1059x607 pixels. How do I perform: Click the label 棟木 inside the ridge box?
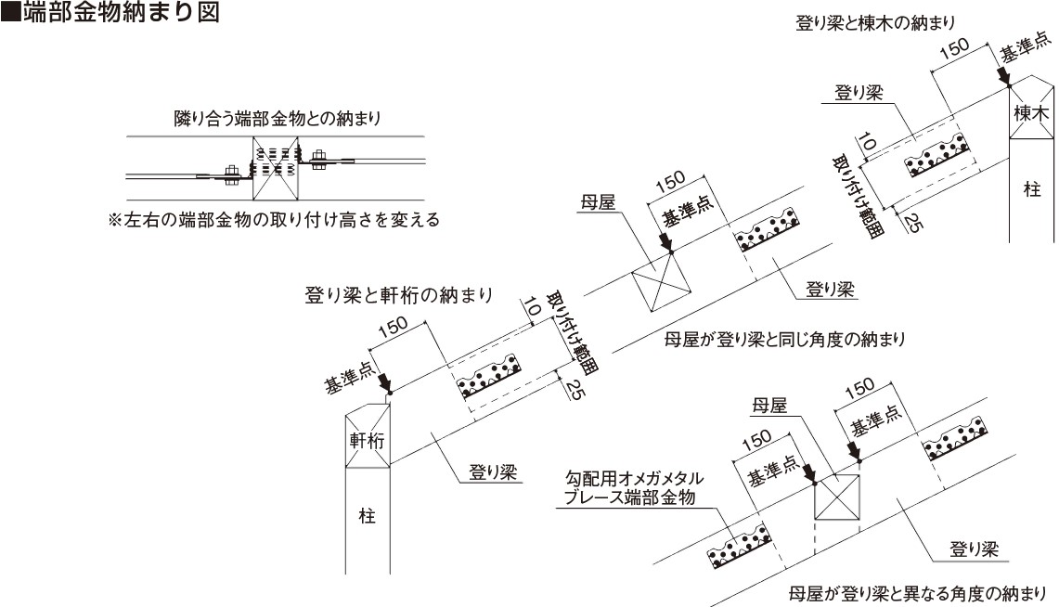coord(1031,113)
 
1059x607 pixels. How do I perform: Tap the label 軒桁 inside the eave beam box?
coord(367,441)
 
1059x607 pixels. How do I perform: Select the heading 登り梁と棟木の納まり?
coord(875,23)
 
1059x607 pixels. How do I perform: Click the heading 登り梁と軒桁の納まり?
coord(399,295)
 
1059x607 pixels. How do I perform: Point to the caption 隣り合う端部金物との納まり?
coord(278,119)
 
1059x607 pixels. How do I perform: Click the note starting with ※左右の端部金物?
coord(274,220)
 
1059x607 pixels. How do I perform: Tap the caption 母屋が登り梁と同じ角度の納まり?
coord(784,339)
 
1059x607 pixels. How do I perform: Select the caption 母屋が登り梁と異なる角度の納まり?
coord(917,593)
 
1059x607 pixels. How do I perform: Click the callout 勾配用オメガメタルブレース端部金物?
coord(633,488)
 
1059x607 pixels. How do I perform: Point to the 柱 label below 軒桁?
coord(367,517)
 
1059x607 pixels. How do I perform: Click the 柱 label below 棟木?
coord(1032,189)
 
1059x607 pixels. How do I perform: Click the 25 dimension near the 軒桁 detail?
coord(575,390)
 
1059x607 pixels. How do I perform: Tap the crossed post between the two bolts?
coord(275,168)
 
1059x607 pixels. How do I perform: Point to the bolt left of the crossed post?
coord(230,174)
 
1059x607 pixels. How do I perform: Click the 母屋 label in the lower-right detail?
coord(770,406)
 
